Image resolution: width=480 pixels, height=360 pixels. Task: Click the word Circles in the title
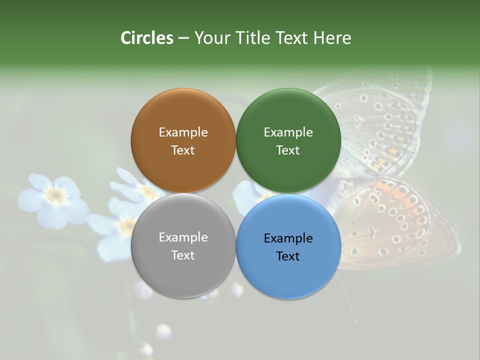[146, 38]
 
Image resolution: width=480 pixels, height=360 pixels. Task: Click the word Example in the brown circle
[183, 132]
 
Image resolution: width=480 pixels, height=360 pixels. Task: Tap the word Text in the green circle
[288, 150]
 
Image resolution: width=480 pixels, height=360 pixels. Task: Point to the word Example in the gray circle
[183, 237]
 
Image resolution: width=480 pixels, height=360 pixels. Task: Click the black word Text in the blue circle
[288, 256]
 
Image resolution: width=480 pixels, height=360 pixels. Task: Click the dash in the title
[183, 38]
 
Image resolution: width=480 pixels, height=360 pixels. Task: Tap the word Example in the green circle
[288, 132]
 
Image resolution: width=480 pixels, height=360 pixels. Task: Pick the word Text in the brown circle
[183, 150]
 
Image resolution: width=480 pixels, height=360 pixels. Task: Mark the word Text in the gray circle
[183, 255]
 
